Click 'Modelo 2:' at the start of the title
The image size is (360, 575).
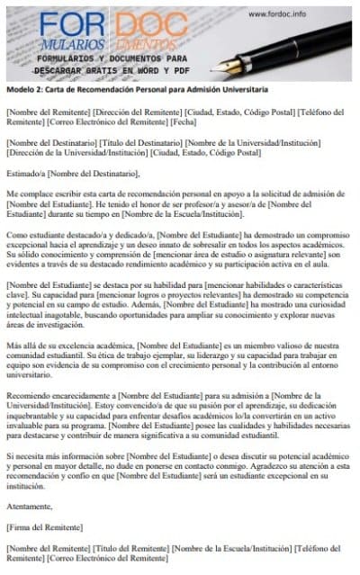point(24,91)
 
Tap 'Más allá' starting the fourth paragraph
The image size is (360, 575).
point(22,345)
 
